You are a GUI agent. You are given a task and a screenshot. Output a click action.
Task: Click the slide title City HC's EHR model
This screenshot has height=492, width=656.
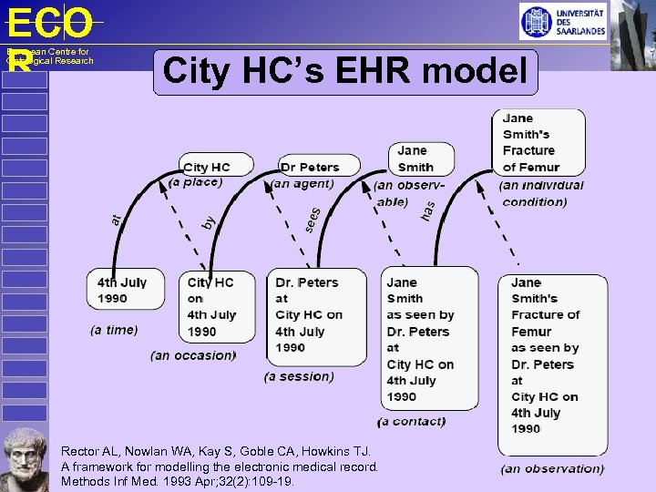tap(345, 72)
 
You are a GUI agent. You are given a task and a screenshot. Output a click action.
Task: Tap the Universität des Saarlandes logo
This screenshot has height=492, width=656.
tap(563, 21)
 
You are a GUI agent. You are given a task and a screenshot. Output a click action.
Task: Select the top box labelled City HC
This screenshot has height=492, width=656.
tap(207, 167)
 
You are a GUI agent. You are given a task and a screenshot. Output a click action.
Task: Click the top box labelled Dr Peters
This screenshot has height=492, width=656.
tap(310, 167)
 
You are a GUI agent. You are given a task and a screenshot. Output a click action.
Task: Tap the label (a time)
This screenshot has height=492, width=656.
tap(114, 330)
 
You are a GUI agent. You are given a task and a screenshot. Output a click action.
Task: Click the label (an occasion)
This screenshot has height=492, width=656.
tap(193, 355)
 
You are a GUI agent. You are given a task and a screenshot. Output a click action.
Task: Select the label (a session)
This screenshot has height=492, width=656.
tap(299, 376)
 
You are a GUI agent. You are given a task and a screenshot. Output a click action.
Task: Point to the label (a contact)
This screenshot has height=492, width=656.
tap(412, 421)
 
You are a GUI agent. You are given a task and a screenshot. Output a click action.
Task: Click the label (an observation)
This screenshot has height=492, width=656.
tap(552, 468)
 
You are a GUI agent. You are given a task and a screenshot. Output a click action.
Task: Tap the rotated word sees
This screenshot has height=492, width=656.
tap(312, 220)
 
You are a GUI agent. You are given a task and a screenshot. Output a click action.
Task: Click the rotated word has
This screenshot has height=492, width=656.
tap(427, 210)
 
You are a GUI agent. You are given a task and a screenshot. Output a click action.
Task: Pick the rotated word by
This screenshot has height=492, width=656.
tap(208, 221)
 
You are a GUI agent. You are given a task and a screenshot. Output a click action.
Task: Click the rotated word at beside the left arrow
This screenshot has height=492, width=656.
tap(117, 219)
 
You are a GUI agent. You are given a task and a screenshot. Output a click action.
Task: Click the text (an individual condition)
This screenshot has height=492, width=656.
tap(541, 193)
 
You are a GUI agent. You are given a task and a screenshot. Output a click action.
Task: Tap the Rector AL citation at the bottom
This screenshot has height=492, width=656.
tap(219, 466)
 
